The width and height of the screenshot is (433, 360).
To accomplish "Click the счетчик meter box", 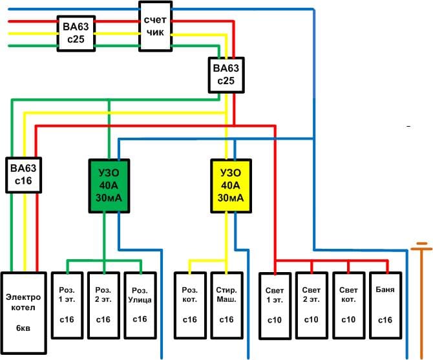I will [156, 26].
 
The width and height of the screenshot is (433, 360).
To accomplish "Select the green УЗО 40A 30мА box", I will [108, 185].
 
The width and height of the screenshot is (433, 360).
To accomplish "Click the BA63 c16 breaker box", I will [25, 175].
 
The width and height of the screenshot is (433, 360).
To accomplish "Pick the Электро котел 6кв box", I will [23, 312].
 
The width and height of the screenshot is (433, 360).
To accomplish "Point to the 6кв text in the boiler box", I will [23, 328].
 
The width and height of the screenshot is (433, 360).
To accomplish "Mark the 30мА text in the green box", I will [108, 198].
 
